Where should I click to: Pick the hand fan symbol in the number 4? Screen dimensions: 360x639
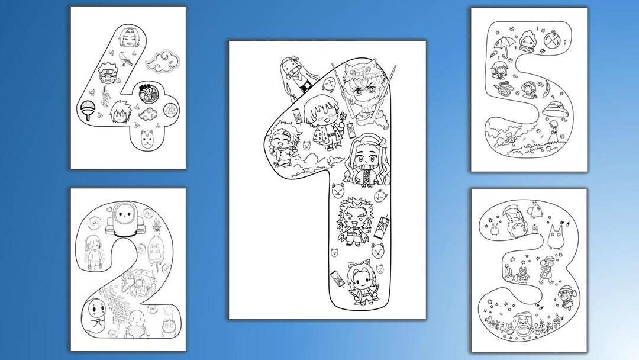[86, 110]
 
